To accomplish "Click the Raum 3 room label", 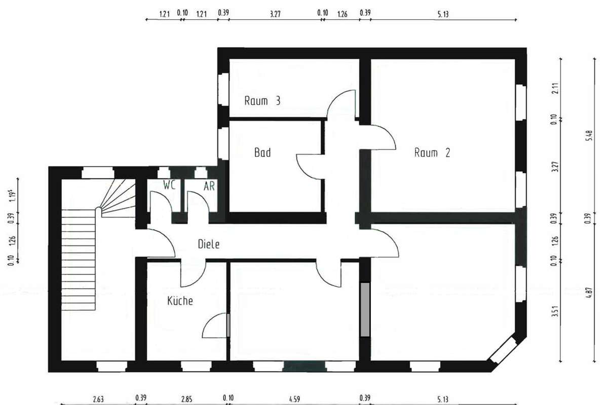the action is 262,101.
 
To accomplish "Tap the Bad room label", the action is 262,152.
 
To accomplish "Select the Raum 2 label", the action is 432,153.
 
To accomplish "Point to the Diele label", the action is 208,244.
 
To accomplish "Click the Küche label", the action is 180,301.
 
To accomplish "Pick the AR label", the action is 209,186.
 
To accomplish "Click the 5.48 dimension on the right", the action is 589,136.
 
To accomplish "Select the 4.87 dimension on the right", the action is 589,294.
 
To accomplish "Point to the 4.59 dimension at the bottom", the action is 294,399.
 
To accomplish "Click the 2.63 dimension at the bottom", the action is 98,399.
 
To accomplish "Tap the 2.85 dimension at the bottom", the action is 187,399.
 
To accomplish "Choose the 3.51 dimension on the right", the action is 555,311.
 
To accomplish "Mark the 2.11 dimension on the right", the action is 555,88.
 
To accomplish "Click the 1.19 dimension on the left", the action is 13,196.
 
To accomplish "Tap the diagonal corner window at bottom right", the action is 503,350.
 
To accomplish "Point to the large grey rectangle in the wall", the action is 365,309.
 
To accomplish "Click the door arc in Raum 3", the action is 334,99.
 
